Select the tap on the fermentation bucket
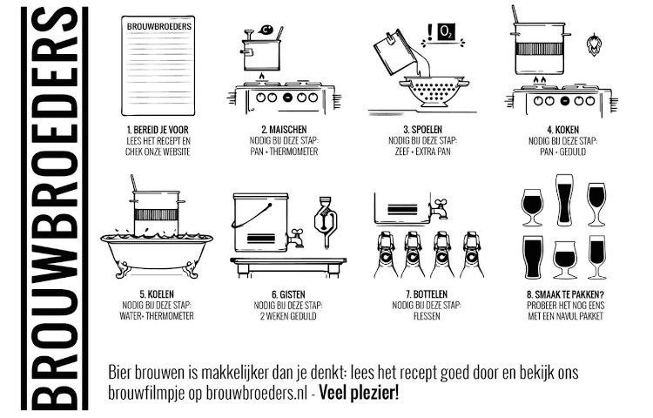[x=297, y=235]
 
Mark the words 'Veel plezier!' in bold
[x=359, y=392]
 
